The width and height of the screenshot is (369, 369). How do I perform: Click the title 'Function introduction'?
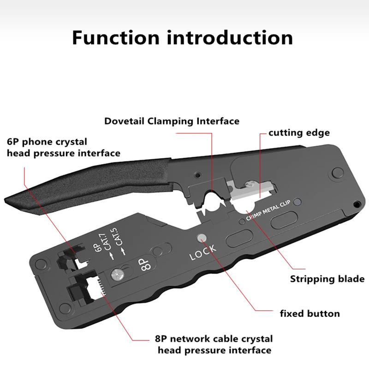click(x=182, y=38)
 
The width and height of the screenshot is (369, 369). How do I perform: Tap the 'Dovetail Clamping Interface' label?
click(x=172, y=121)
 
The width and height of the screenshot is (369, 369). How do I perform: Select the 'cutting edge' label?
click(x=299, y=133)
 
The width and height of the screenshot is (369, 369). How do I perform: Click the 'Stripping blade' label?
click(x=327, y=279)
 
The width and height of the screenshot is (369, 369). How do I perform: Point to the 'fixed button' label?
click(x=309, y=314)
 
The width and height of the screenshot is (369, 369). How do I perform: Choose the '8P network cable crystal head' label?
click(x=214, y=345)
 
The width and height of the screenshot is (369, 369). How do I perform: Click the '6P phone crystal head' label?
click(x=64, y=148)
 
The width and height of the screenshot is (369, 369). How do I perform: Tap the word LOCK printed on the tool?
click(x=203, y=252)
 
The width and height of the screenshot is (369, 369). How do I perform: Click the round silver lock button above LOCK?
click(x=202, y=238)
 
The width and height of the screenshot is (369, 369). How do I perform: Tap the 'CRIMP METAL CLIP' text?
click(x=268, y=210)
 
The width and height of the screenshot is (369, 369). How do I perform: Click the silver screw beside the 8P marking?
click(x=118, y=274)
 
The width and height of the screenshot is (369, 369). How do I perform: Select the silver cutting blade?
click(x=252, y=190)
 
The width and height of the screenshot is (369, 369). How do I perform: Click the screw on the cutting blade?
click(x=250, y=185)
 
